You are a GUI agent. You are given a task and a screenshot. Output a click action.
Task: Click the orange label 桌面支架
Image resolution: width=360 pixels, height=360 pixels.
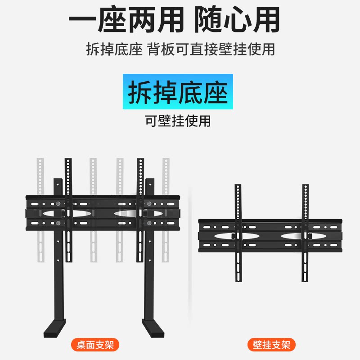pos(94,345)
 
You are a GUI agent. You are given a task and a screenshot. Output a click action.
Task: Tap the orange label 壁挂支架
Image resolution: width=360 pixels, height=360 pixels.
pos(271,345)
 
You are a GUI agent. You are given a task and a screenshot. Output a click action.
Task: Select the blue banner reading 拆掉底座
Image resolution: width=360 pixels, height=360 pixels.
pos(178,92)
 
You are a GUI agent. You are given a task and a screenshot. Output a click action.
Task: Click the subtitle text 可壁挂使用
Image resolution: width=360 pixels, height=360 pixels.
pos(178,121)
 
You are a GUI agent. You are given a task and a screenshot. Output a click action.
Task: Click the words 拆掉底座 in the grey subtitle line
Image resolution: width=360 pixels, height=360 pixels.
pos(114,49)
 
